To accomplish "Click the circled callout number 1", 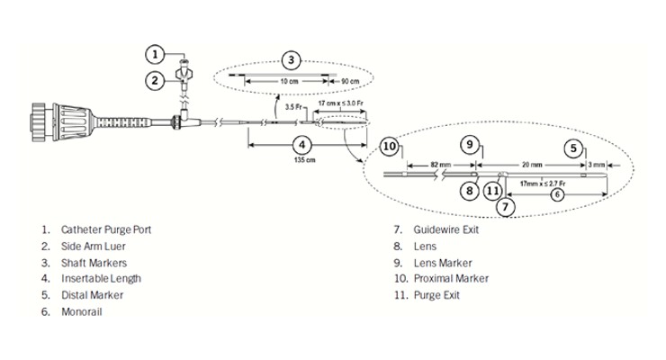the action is (x=155, y=54).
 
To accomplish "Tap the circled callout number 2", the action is (x=155, y=80).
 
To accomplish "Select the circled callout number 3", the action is (x=291, y=60).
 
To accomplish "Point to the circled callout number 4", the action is (x=302, y=145).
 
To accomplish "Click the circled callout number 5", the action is (x=573, y=148).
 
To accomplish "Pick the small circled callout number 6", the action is (x=557, y=195).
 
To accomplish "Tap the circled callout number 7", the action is (x=506, y=207).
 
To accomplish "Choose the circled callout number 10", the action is (x=390, y=147).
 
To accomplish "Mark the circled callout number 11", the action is (x=492, y=191).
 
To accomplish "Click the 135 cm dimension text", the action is (x=304, y=160).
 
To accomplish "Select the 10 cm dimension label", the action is (x=289, y=81).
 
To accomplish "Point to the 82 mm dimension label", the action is (x=440, y=165).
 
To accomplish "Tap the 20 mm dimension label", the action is (x=531, y=165).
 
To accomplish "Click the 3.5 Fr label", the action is (x=293, y=107).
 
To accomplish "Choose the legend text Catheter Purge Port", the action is (x=106, y=229).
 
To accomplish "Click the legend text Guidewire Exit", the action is (x=446, y=229).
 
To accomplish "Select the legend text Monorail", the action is (x=82, y=312).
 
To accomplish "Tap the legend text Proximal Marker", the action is (x=451, y=278).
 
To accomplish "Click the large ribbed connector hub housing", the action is (x=70, y=121).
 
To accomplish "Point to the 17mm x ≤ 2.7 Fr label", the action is (x=543, y=184).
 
